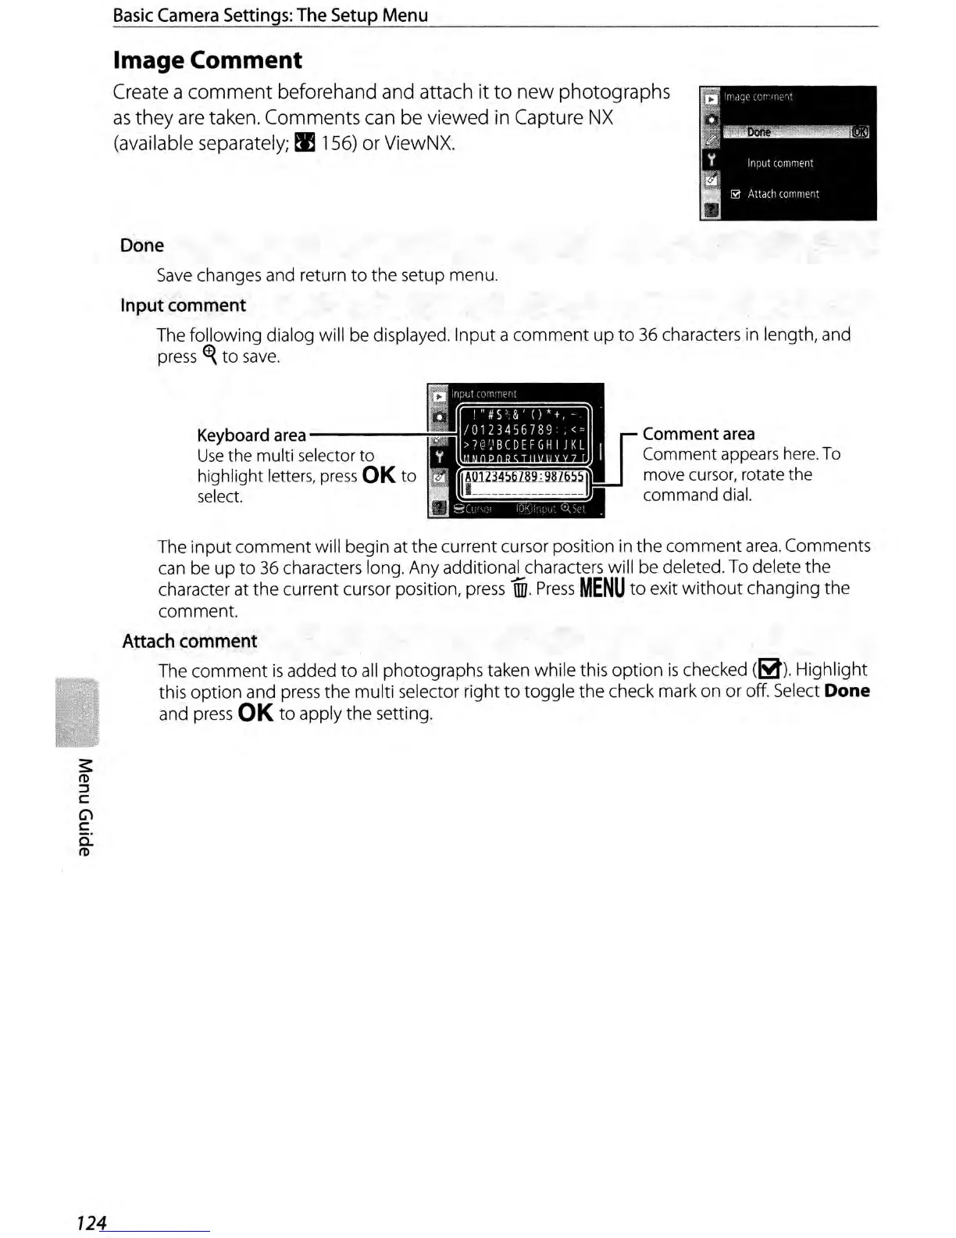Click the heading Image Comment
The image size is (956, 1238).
[207, 60]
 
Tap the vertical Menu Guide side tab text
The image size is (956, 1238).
[85, 807]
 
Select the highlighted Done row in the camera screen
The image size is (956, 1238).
[785, 132]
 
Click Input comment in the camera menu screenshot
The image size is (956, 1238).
[779, 163]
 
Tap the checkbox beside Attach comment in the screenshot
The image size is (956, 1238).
[735, 195]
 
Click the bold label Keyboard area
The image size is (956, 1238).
[251, 435]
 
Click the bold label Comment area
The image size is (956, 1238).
[698, 434]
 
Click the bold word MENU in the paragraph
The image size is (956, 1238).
[601, 589]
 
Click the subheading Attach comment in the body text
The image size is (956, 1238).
[189, 641]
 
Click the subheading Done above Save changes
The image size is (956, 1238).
[141, 245]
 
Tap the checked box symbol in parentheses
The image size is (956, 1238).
[769, 670]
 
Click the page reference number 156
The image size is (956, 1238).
[337, 144]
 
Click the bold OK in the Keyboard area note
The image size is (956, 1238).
[379, 475]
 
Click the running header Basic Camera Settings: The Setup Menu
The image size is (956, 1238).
[270, 15]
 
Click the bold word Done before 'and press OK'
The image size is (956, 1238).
[847, 691]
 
